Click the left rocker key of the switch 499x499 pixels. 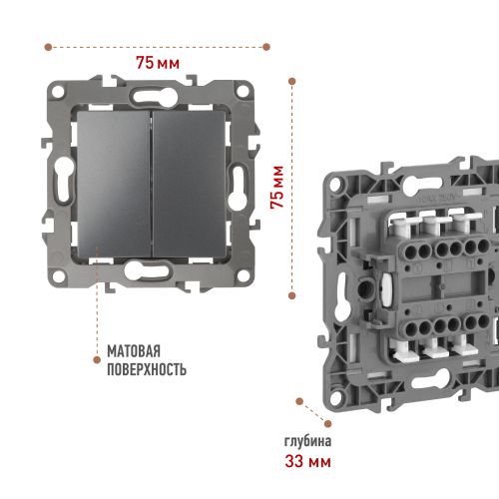(114, 184)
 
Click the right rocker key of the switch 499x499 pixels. (190, 184)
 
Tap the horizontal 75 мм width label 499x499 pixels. (158, 63)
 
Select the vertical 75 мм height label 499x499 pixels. (277, 187)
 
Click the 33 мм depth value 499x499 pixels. (307, 461)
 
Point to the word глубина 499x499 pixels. (307, 442)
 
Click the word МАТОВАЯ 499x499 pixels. (134, 351)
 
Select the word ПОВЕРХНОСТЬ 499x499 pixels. (147, 369)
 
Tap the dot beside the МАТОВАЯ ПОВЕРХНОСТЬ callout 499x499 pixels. (97, 359)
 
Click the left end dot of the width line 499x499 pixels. (48, 47)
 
